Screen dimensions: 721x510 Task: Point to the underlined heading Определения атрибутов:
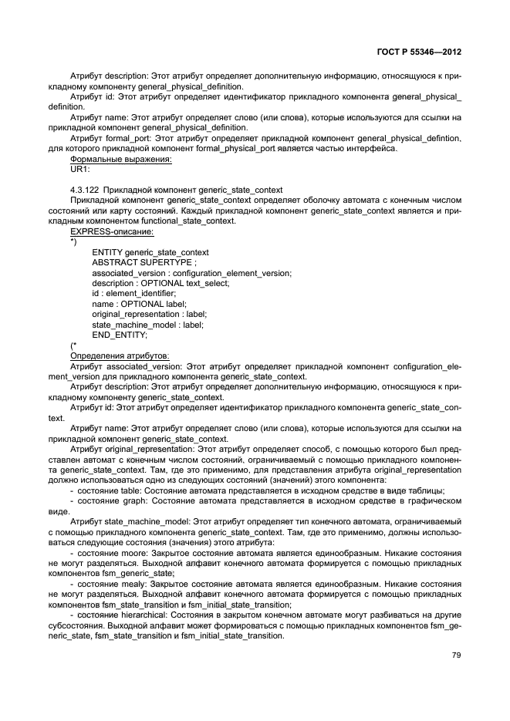tap(116, 355)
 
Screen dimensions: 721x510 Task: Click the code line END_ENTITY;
tap(120, 335)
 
